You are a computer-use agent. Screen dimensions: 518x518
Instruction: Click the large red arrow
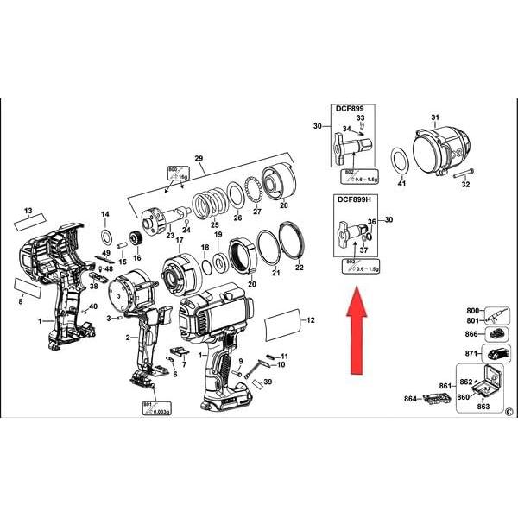tap(356, 332)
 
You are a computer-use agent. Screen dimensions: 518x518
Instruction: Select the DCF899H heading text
tap(353, 199)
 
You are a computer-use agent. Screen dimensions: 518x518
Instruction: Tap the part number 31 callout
tap(435, 117)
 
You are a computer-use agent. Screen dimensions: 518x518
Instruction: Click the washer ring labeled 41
tap(401, 161)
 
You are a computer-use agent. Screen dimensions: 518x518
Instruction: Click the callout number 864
tap(410, 398)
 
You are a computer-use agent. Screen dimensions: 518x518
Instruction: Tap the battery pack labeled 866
tap(496, 333)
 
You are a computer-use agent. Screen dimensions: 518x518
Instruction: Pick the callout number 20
tap(253, 283)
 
